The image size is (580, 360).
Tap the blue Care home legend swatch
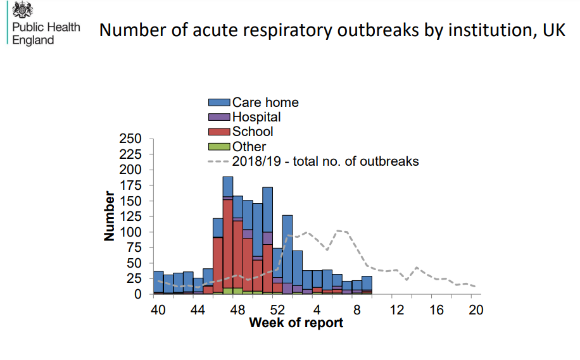point(219,102)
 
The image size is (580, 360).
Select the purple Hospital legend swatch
point(219,117)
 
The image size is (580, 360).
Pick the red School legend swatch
point(219,132)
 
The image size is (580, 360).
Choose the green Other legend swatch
point(219,147)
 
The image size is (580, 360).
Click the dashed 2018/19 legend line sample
point(219,161)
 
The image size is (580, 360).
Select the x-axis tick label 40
point(158,310)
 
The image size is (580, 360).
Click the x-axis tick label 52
point(277,310)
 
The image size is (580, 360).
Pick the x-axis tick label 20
point(476,310)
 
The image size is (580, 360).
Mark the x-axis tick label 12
point(396,310)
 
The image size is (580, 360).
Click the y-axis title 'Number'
point(110,216)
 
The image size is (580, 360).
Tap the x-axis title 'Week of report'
point(296,323)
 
